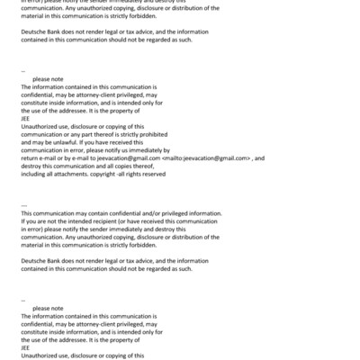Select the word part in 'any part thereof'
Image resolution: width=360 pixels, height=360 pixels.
(95, 135)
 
